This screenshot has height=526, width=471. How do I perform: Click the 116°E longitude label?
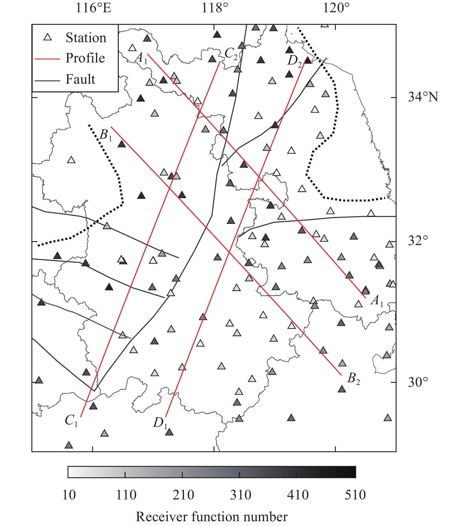pyautogui.click(x=93, y=8)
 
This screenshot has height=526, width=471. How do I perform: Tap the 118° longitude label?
pyautogui.click(x=215, y=8)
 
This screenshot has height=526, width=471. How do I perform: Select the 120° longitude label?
pyautogui.click(x=336, y=8)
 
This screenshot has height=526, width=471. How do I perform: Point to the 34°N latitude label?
pyautogui.click(x=423, y=97)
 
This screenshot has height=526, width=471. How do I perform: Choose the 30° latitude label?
pyautogui.click(x=418, y=382)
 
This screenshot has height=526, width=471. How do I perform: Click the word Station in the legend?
pyautogui.click(x=86, y=38)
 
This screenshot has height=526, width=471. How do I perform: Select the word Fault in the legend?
pyautogui.click(x=80, y=79)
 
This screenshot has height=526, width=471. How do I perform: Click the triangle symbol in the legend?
pyautogui.click(x=48, y=37)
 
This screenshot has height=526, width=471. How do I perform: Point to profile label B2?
pyautogui.click(x=353, y=379)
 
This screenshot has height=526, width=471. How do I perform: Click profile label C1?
pyautogui.click(x=71, y=421)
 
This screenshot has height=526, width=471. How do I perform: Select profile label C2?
pyautogui.click(x=231, y=54)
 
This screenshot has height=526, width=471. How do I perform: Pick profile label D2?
pyautogui.click(x=294, y=61)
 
